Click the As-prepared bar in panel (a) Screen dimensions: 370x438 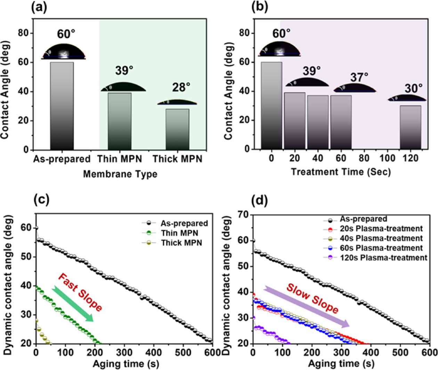(62, 106)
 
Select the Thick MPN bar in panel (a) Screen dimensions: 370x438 (177, 129)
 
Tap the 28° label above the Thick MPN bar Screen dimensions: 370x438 (181, 87)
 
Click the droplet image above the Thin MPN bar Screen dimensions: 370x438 (123, 87)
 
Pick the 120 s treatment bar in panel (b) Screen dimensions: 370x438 (410, 127)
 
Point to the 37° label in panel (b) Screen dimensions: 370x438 (359, 77)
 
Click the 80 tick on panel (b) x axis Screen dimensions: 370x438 (364, 158)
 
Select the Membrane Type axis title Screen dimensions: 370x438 (120, 174)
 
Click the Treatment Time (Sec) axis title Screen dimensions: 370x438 (341, 172)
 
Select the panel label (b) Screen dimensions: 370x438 (259, 7)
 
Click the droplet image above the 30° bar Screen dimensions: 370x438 (407, 98)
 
